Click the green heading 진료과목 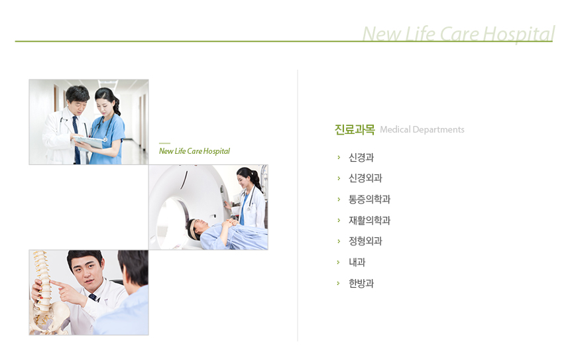click(x=355, y=129)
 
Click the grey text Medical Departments click(x=422, y=129)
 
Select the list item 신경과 click(x=361, y=157)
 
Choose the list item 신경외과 click(x=365, y=178)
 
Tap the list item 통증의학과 click(x=369, y=200)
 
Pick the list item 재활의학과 click(x=369, y=220)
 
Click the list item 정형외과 click(x=365, y=241)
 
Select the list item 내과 click(x=357, y=262)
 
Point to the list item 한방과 click(x=361, y=283)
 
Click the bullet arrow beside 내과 click(x=339, y=262)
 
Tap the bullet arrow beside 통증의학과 click(x=339, y=200)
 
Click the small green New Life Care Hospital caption click(x=194, y=151)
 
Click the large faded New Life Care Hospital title click(x=459, y=34)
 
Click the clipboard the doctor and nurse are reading click(x=88, y=141)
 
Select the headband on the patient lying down click(x=192, y=229)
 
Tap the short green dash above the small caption click(x=164, y=143)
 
